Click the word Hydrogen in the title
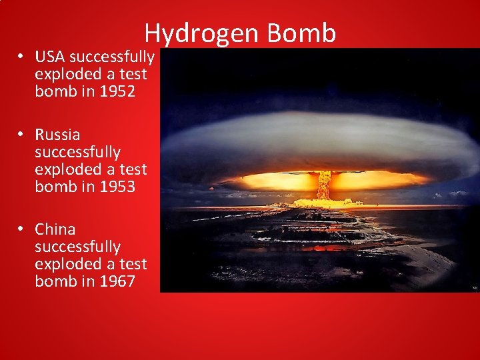[x=193, y=33]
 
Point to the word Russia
[x=57, y=135]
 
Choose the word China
[x=55, y=229]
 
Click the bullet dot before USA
[x=22, y=57]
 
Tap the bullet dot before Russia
[x=22, y=135]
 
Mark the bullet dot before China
[x=22, y=229]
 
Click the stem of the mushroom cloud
[x=324, y=184]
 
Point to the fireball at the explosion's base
[x=324, y=201]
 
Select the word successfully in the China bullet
[x=77, y=247]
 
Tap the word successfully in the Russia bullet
[x=77, y=152]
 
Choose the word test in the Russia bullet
[x=131, y=169]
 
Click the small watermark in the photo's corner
[x=475, y=288]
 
